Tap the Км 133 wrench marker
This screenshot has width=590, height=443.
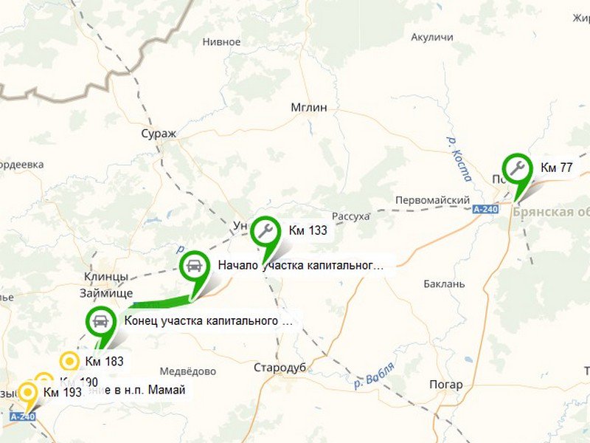(265, 231)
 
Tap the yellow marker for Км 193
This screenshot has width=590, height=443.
(29, 392)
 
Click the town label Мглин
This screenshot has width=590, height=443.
(308, 107)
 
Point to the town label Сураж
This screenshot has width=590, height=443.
(159, 134)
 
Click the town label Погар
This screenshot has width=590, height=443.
(446, 385)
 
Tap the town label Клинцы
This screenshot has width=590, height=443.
(106, 277)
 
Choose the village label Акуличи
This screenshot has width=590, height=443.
(432, 37)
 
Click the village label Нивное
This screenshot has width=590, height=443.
(221, 42)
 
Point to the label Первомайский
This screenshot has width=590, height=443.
(433, 200)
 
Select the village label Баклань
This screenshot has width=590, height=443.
(445, 284)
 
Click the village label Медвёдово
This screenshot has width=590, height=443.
(188, 371)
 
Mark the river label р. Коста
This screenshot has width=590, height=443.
(458, 157)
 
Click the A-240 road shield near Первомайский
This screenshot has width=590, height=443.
(486, 209)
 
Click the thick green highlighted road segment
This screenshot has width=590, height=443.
(159, 301)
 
